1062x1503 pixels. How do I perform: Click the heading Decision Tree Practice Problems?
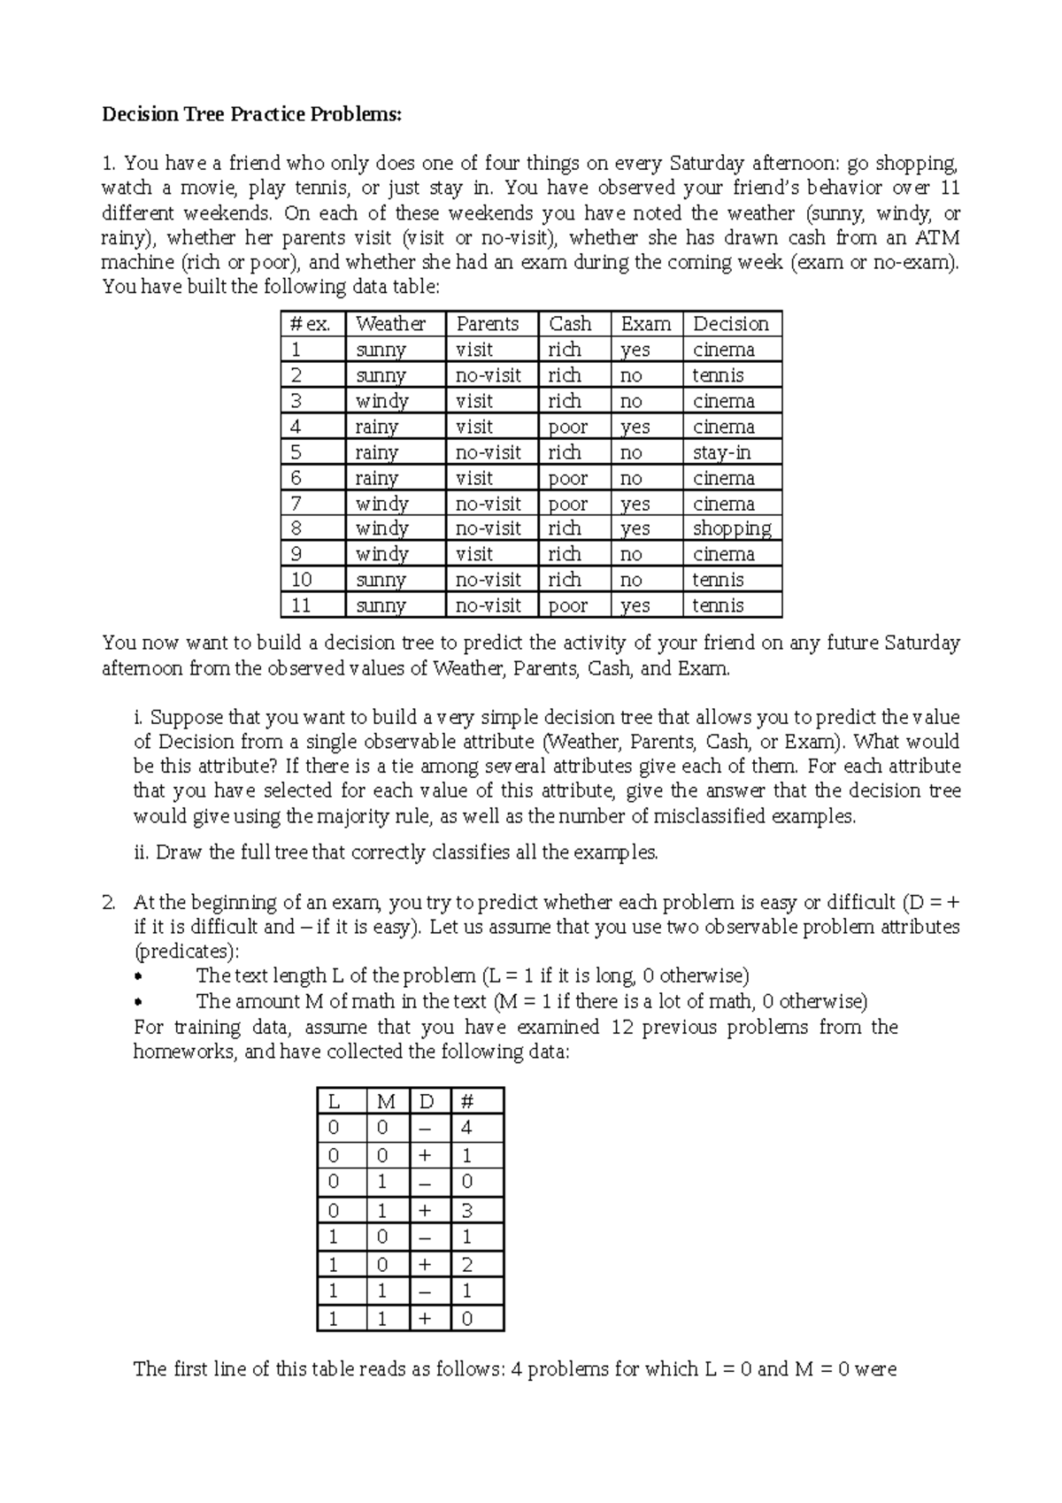[x=251, y=114]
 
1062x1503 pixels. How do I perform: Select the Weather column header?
[x=390, y=324]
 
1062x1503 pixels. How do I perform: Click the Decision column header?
[x=730, y=324]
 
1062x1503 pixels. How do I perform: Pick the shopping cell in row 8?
[x=731, y=528]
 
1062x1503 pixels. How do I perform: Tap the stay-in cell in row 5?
[x=721, y=452]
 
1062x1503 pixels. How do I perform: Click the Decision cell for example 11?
[x=718, y=605]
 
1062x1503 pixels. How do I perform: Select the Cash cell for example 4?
[x=567, y=427]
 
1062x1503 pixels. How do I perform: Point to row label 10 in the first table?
[x=302, y=580]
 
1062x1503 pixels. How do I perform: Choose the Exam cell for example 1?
[x=635, y=350]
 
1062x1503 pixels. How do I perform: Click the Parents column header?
[x=487, y=324]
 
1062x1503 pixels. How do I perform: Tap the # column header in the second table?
[x=467, y=1102]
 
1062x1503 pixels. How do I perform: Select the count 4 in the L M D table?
[x=466, y=1128]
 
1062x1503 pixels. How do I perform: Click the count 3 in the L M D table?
[x=466, y=1210]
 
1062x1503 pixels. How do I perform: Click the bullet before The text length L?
[x=136, y=977]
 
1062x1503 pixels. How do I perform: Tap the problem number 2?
[x=109, y=903]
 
